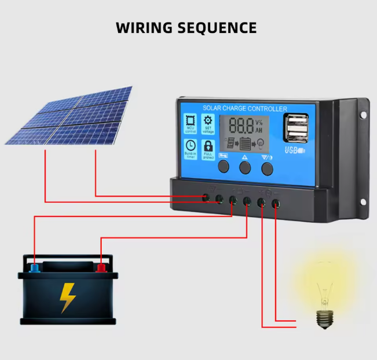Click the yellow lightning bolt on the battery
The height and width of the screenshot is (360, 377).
pyautogui.click(x=68, y=296)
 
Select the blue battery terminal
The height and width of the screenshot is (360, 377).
pyautogui.click(x=35, y=267)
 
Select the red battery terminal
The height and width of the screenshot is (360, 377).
pyautogui.click(x=101, y=267)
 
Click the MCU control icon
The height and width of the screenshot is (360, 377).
pyautogui.click(x=191, y=122)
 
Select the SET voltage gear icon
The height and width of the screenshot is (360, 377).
pyautogui.click(x=208, y=122)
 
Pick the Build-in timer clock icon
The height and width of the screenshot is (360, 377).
pyautogui.click(x=191, y=146)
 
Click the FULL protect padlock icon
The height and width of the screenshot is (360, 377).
pyautogui.click(x=208, y=146)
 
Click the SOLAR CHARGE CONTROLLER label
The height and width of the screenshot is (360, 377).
pyautogui.click(x=245, y=109)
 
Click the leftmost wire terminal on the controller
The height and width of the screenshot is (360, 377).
pyautogui.click(x=206, y=198)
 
